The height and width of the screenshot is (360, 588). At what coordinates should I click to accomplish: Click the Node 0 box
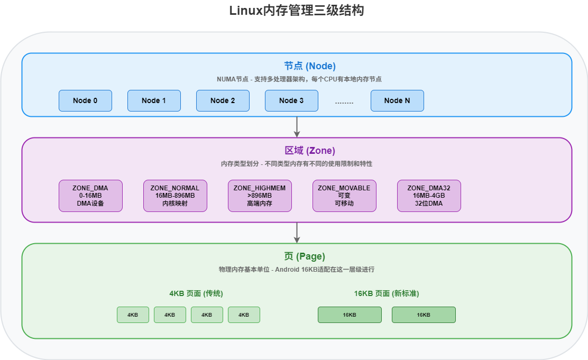click(x=85, y=100)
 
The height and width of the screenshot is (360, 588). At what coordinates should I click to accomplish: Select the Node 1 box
click(x=154, y=100)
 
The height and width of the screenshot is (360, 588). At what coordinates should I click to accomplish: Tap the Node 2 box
click(x=223, y=100)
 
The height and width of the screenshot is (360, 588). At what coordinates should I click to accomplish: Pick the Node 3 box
click(x=291, y=100)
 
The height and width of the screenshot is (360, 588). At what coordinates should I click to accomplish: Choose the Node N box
click(x=397, y=100)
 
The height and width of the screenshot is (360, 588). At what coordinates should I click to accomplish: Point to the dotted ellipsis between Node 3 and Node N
click(x=344, y=102)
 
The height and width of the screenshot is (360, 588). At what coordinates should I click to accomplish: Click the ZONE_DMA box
click(x=90, y=196)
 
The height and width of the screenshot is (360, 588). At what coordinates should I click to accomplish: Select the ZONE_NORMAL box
click(x=175, y=196)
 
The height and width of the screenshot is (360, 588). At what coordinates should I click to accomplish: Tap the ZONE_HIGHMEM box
click(x=260, y=196)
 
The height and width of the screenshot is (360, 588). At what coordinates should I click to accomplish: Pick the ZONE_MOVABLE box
click(x=344, y=196)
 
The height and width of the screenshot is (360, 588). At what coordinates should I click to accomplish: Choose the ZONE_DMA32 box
click(x=429, y=196)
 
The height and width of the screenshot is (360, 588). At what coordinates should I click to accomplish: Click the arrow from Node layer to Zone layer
click(x=297, y=126)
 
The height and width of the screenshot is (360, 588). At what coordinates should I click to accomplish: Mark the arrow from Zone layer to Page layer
click(x=297, y=232)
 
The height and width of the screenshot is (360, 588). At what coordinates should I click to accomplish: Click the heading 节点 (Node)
click(x=310, y=66)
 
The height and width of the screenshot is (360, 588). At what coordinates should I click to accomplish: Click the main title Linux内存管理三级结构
click(x=297, y=11)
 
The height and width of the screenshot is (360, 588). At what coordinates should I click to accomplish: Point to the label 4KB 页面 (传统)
click(x=196, y=293)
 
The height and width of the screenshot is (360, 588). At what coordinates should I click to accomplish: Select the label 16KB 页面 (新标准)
click(x=387, y=293)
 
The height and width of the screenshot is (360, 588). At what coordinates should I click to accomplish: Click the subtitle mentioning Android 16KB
click(x=297, y=270)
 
